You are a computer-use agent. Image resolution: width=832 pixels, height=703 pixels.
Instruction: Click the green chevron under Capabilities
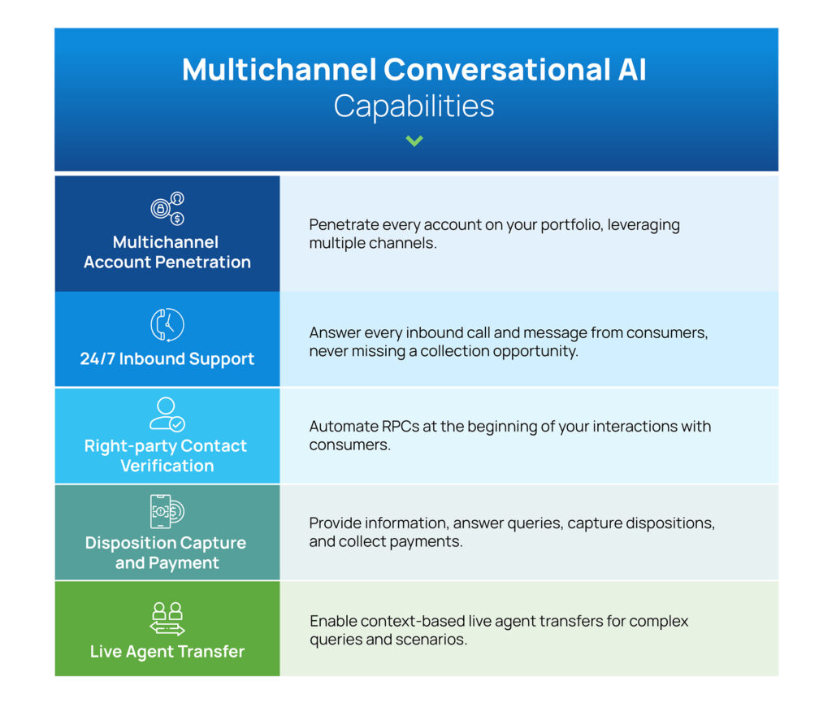point(414,141)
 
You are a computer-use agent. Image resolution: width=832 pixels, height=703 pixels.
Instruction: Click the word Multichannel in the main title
point(279,70)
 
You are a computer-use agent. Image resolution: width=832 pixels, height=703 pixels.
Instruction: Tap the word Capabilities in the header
point(414,106)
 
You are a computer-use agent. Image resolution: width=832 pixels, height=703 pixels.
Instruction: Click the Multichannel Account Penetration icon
point(167,208)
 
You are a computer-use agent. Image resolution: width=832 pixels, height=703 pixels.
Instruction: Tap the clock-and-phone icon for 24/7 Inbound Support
point(167,324)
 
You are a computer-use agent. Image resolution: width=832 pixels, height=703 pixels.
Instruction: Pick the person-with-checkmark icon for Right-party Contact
point(167,414)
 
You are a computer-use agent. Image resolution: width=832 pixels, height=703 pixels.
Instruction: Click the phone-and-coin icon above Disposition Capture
point(167,511)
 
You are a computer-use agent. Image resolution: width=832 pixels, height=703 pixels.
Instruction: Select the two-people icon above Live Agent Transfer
point(167,618)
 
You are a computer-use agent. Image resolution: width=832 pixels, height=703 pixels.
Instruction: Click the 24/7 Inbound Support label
point(167,359)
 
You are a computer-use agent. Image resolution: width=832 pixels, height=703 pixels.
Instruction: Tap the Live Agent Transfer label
point(167,652)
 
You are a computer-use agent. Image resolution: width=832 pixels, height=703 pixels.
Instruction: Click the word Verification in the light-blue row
point(167,466)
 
